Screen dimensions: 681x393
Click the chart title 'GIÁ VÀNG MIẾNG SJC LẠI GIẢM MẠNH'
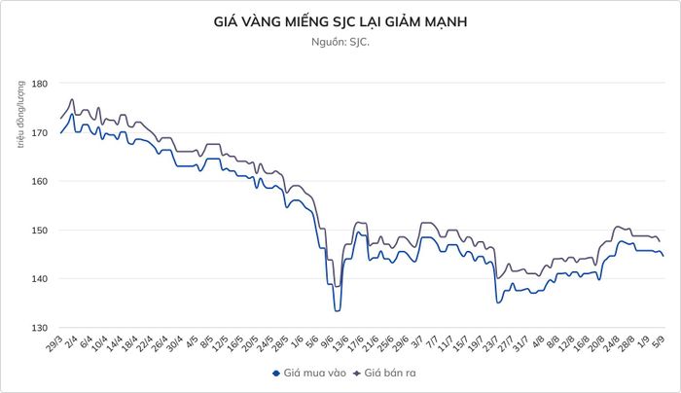coord(340,21)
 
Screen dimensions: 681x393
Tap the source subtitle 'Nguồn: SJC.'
coord(340,42)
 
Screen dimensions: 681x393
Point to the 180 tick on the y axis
coord(39,83)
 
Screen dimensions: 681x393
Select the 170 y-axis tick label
coord(39,132)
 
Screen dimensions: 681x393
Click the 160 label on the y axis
coord(39,181)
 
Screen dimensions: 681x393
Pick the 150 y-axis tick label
coord(39,231)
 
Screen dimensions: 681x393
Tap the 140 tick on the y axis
coord(39,279)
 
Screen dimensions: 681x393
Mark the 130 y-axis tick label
coord(39,328)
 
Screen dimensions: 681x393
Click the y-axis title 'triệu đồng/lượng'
coord(20,114)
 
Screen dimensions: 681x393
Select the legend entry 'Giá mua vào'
coord(309,373)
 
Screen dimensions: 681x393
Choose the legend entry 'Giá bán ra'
coord(384,373)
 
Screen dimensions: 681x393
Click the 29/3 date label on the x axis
coord(55,343)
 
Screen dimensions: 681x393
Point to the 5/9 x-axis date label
coord(659,341)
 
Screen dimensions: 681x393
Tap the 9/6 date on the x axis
coord(327,341)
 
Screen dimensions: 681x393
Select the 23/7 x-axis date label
coord(491,343)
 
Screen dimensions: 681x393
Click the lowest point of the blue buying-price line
coord(337,311)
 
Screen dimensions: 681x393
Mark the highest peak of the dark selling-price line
coord(72,99)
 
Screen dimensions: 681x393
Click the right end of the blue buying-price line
coord(663,256)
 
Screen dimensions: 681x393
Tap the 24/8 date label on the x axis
coord(611,343)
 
